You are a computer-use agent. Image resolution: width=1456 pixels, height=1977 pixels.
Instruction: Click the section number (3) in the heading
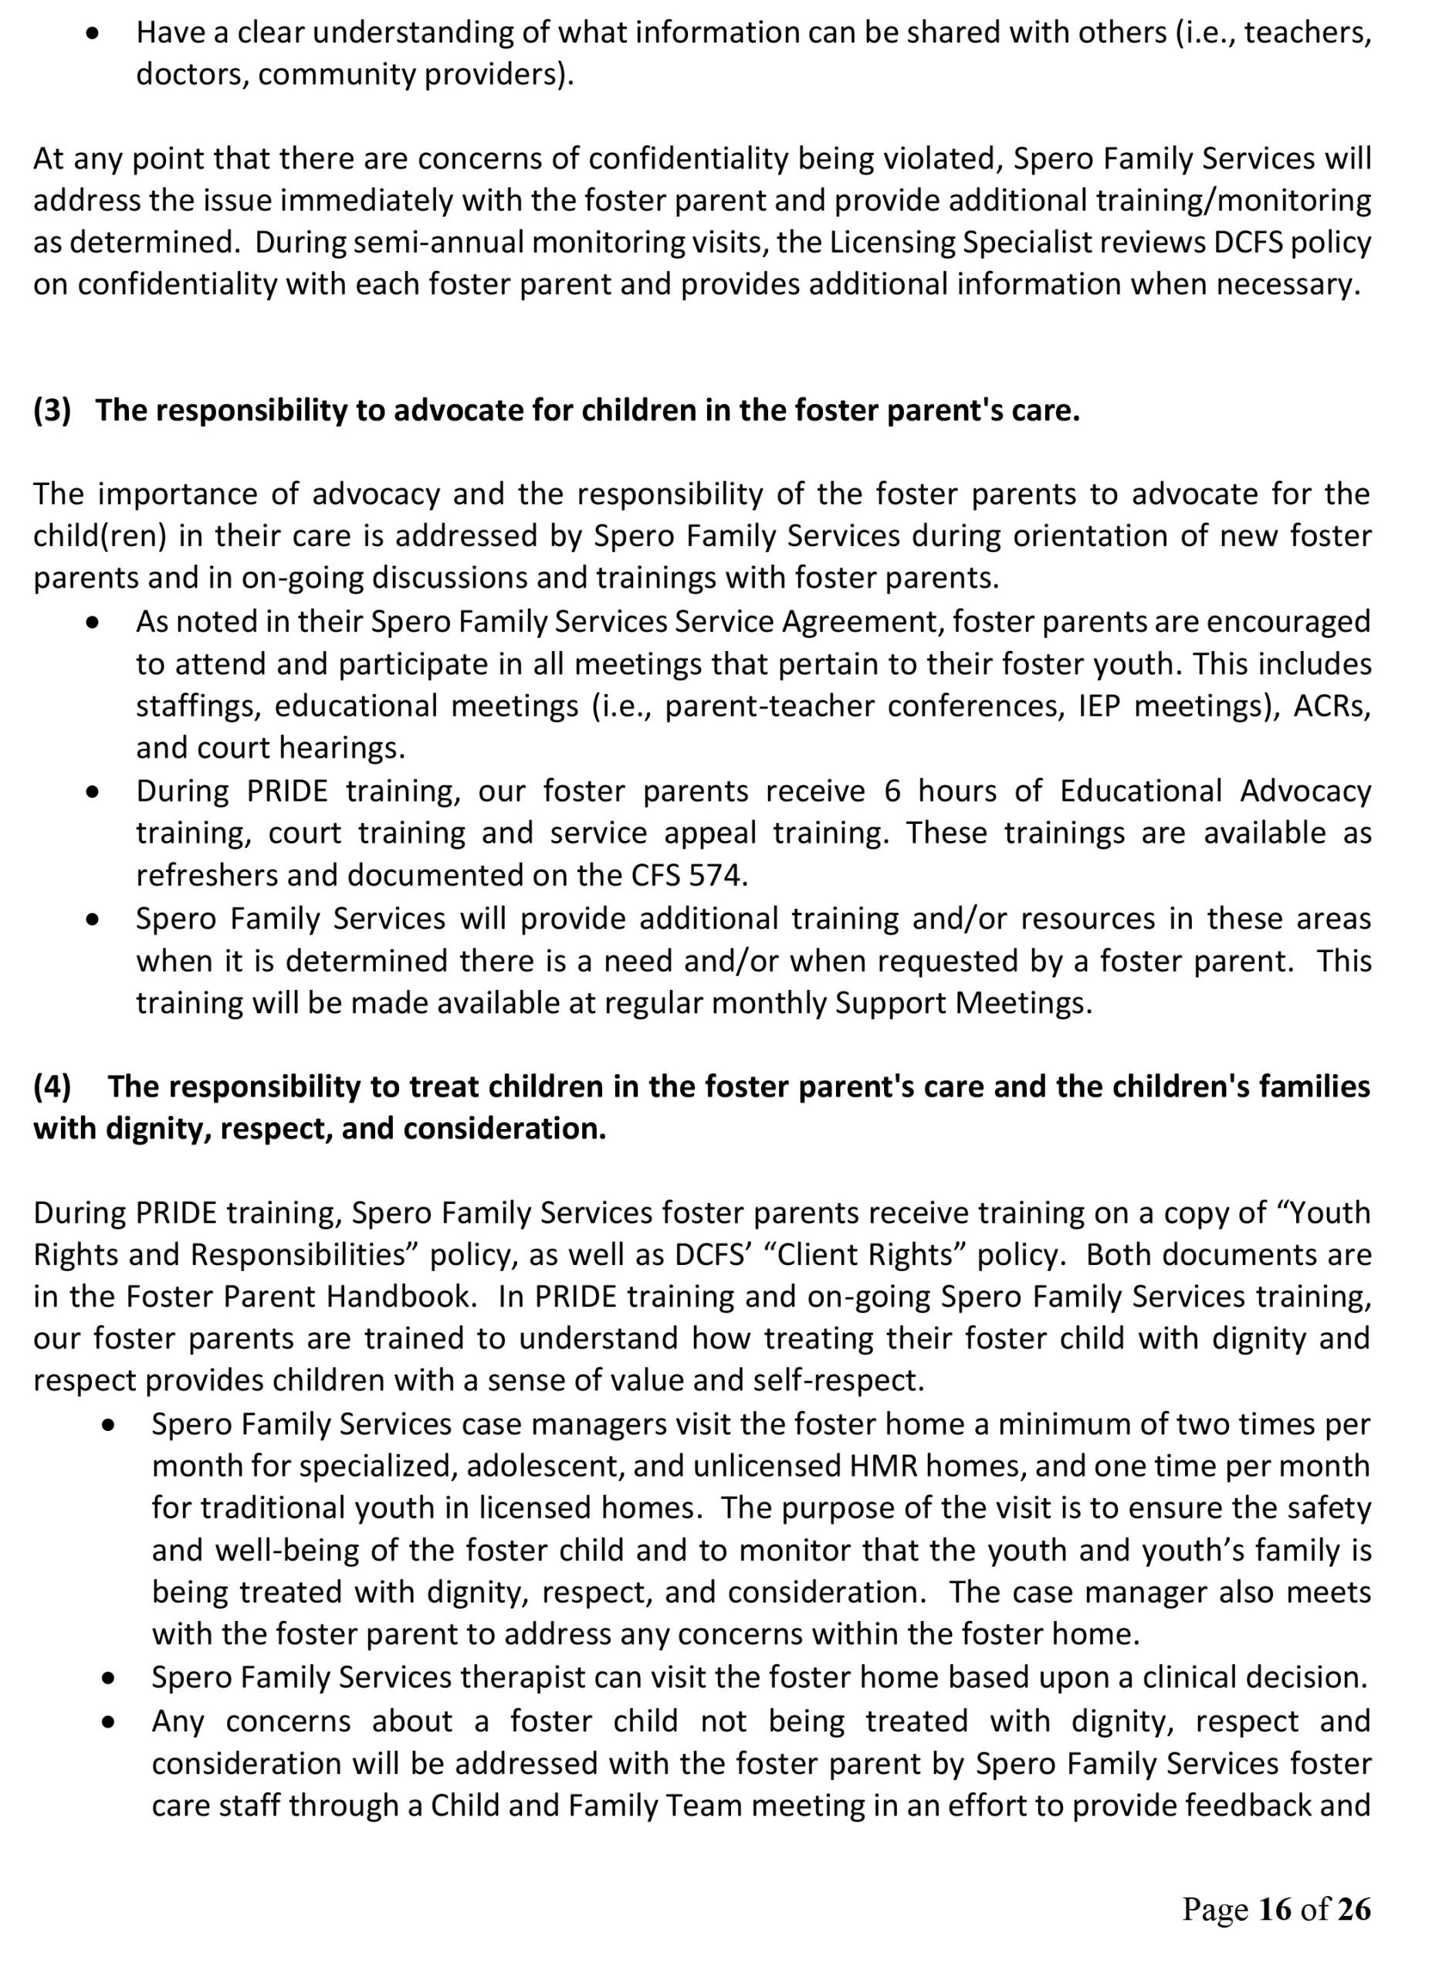point(52,411)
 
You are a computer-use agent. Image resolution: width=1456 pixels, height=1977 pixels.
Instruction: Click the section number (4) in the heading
point(52,1087)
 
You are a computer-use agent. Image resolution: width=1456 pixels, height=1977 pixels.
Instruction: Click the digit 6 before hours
point(892,791)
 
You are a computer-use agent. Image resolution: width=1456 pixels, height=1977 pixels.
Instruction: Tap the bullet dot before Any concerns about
point(108,1721)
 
